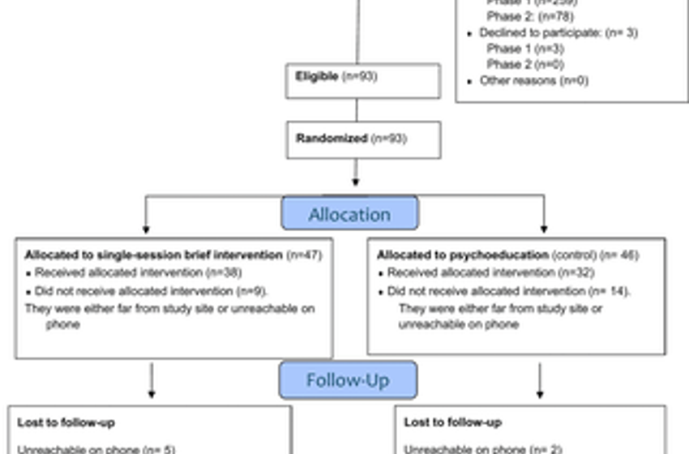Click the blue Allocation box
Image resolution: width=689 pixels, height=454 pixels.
click(349, 214)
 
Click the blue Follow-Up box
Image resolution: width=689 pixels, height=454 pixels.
click(348, 379)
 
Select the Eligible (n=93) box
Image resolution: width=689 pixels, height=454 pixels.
click(362, 79)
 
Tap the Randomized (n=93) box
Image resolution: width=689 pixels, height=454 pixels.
click(362, 139)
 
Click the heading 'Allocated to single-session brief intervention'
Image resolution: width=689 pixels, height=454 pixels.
click(153, 255)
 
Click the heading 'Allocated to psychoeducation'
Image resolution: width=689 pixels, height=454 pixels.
click(463, 255)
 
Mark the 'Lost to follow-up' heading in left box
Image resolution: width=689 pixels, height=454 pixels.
click(66, 422)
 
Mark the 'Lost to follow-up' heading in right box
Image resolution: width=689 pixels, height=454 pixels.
click(452, 422)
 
